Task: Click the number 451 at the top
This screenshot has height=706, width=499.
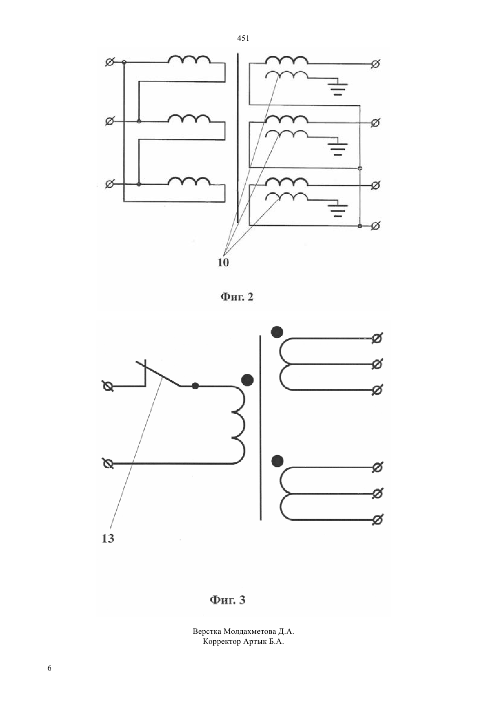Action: tap(243, 39)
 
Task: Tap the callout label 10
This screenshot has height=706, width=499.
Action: tap(223, 263)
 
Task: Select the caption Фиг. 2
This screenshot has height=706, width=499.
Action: tap(237, 297)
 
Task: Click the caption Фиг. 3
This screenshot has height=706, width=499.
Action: tap(227, 600)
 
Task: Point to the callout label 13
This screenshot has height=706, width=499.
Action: tap(108, 538)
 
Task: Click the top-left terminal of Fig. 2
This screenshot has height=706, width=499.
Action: tap(109, 63)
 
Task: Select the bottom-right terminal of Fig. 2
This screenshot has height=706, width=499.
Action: tap(375, 226)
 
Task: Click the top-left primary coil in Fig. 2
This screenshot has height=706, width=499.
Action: tap(189, 59)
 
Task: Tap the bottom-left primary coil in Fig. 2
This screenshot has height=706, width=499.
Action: tap(189, 181)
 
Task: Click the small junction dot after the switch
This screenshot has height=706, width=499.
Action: tap(196, 386)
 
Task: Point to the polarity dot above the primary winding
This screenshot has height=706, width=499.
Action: tap(247, 380)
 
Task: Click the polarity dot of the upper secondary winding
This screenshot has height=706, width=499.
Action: tap(277, 332)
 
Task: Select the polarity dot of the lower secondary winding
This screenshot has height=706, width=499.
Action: tap(277, 461)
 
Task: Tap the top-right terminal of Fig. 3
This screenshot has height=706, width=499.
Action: tap(377, 338)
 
